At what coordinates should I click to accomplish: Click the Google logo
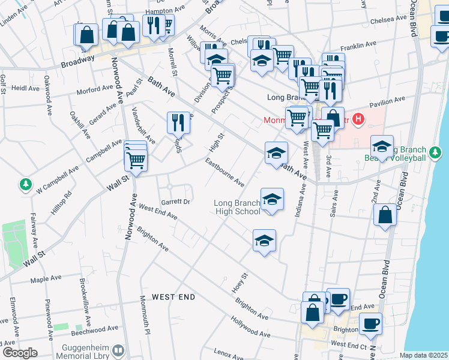tap(19, 353)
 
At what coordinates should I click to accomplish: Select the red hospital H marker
tap(358, 119)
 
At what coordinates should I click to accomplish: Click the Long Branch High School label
tap(237, 207)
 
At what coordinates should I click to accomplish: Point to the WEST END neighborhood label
tap(173, 297)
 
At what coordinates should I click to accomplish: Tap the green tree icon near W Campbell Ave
tap(26, 185)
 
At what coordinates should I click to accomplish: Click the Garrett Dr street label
tap(175, 202)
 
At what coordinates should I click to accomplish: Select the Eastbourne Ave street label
tap(224, 172)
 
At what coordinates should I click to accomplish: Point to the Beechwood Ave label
tap(95, 329)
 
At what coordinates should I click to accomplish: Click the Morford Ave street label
tap(95, 90)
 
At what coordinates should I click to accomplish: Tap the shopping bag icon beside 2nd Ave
tap(385, 216)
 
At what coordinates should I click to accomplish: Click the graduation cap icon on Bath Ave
tap(276, 153)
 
